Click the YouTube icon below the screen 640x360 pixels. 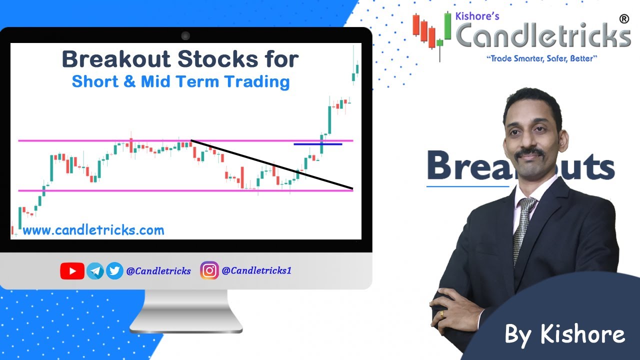click(x=72, y=271)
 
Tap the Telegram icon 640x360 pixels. click(x=95, y=271)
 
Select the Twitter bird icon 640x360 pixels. click(x=114, y=271)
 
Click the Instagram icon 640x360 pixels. click(x=209, y=270)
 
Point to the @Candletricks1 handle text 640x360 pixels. click(x=256, y=270)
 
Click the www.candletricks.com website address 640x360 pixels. click(x=93, y=230)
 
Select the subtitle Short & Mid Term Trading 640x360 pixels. click(x=180, y=81)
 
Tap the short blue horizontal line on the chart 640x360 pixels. click(x=317, y=144)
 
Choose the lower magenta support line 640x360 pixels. click(x=125, y=190)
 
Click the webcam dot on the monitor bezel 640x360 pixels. click(x=185, y=35)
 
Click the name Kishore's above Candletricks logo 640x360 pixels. click(x=478, y=16)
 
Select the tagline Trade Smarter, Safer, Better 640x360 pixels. click(x=542, y=59)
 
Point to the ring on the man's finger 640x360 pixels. click(x=442, y=313)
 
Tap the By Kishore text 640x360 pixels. click(x=564, y=334)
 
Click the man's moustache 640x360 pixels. click(x=530, y=152)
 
